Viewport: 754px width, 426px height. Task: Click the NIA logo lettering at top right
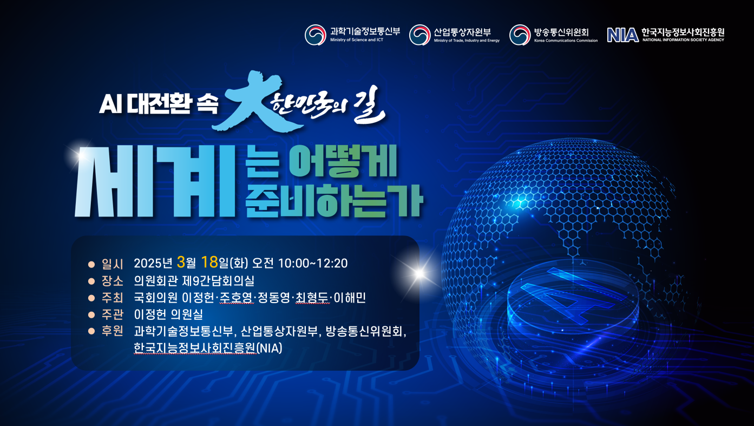[622, 35]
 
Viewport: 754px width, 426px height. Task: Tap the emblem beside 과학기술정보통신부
[316, 35]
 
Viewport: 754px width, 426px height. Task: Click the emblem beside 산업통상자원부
[419, 35]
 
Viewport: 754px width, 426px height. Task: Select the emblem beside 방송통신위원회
[520, 35]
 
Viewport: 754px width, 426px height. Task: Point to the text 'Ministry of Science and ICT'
[357, 40]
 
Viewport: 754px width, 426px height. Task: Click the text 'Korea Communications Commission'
[566, 41]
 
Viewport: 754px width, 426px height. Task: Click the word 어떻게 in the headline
[343, 161]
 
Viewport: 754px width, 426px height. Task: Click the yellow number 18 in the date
[209, 262]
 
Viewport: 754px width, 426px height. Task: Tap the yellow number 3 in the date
[181, 262]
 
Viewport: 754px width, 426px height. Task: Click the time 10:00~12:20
[313, 263]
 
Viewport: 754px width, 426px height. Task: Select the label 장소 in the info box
[113, 280]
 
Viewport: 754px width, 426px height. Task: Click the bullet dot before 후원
[91, 331]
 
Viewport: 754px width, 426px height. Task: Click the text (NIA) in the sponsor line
[270, 348]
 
